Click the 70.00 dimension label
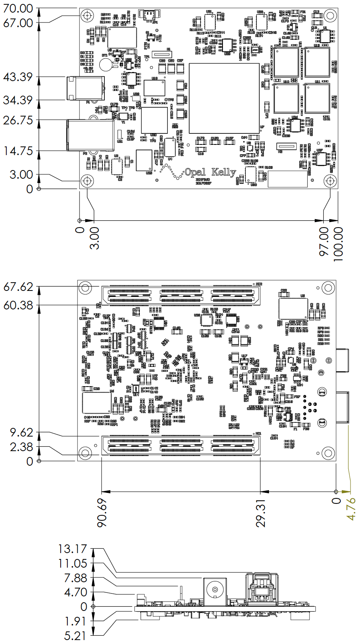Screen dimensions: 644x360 [18, 8]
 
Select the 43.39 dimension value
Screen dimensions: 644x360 [18, 77]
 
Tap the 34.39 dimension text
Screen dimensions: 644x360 [18, 100]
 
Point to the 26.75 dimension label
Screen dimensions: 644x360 [18, 120]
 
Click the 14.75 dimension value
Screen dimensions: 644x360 [19, 151]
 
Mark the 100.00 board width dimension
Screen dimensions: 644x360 [338, 244]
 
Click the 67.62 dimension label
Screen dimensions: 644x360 [18, 287]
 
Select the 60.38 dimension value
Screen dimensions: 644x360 [18, 305]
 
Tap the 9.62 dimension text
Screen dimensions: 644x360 [22, 433]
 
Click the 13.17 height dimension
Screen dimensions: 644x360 [72, 549]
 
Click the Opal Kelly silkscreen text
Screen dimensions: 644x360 [210, 172]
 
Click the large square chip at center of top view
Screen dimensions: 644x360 [224, 98]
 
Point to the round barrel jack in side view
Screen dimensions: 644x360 [215, 590]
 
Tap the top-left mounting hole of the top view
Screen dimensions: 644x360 [87, 16]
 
